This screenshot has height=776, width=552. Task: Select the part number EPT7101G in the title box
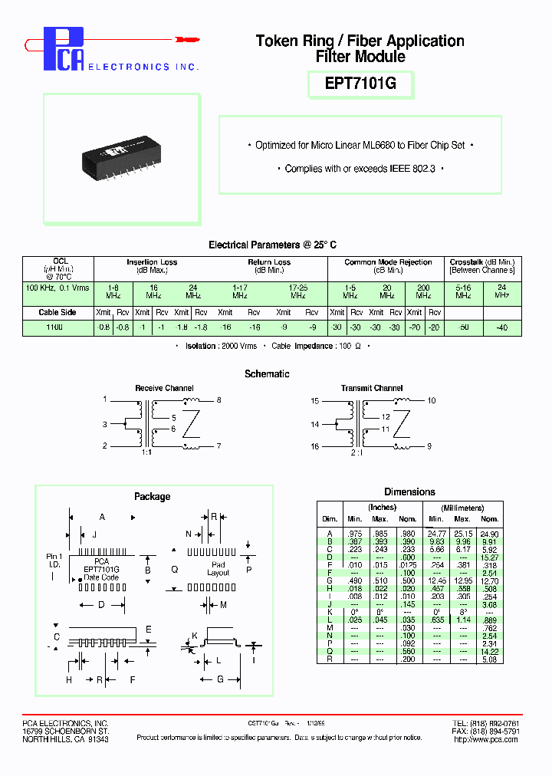coord(360,84)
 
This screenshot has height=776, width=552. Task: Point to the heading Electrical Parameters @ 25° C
coord(272,245)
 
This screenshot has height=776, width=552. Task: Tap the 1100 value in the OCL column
coord(54,327)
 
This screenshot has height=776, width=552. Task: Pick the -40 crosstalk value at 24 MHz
coord(501,327)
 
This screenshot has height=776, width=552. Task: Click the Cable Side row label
coord(58,313)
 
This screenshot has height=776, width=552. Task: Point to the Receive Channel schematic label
coord(164,388)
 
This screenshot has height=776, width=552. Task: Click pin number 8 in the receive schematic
coord(219,400)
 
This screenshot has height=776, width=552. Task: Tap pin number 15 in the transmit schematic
coord(315,401)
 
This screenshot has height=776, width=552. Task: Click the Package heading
coord(152,496)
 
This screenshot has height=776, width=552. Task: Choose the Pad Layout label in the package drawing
coord(218,569)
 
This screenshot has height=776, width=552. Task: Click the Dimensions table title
coord(409,492)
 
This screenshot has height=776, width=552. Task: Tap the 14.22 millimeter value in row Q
coord(489,650)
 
